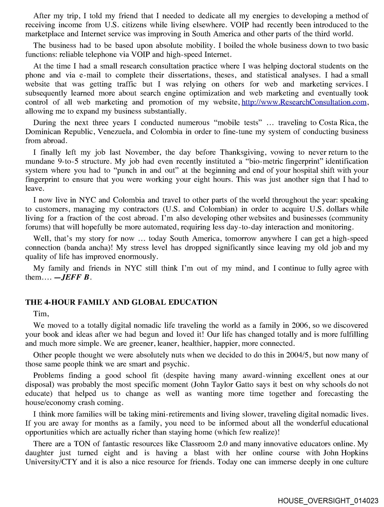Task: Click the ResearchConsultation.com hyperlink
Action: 304,102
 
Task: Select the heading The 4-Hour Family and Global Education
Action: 121,302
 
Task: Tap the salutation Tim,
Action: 41,314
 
